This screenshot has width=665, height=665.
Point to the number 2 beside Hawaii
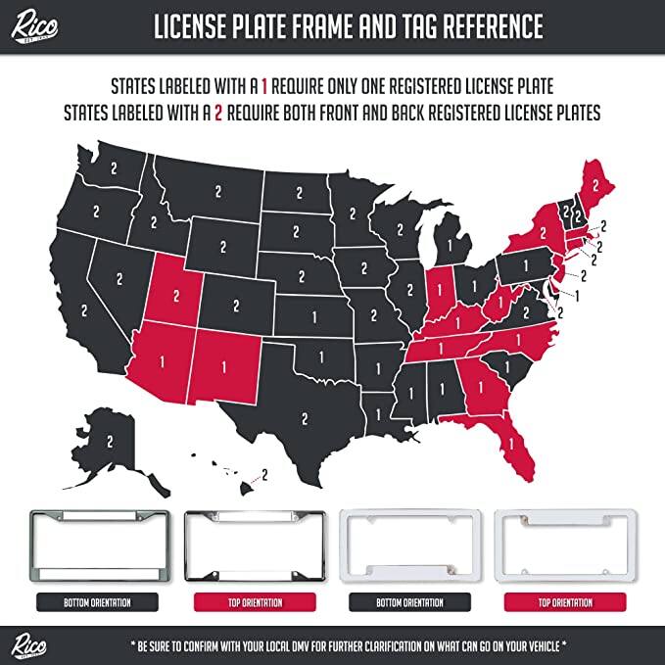pos(263,474)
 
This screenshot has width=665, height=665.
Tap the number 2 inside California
pos(84,309)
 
